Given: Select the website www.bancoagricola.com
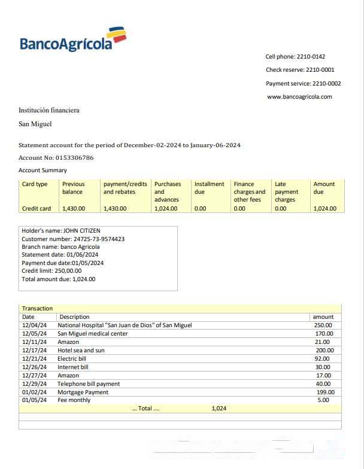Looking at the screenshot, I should pyautogui.click(x=299, y=97).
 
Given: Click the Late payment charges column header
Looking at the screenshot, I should pyautogui.click(x=286, y=192).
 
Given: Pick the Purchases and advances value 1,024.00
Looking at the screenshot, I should pyautogui.click(x=166, y=209).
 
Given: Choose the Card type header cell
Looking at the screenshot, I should pyautogui.click(x=35, y=184).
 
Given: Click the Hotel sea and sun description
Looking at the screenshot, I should pyautogui.click(x=81, y=351).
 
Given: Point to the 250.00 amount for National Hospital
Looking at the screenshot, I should pyautogui.click(x=323, y=325).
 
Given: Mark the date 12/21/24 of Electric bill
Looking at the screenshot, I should pyautogui.click(x=34, y=359).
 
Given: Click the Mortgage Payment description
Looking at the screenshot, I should pyautogui.click(x=83, y=392).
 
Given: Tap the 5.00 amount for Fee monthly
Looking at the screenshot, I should pyautogui.click(x=323, y=400).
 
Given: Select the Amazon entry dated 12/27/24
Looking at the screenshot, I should pyautogui.click(x=68, y=376).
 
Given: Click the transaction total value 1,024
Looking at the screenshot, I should pyautogui.click(x=219, y=409).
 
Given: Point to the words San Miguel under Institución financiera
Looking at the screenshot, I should pyautogui.click(x=35, y=124).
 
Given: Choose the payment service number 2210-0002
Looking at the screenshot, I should pyautogui.click(x=327, y=84).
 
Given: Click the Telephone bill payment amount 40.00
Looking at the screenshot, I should pyautogui.click(x=323, y=384).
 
